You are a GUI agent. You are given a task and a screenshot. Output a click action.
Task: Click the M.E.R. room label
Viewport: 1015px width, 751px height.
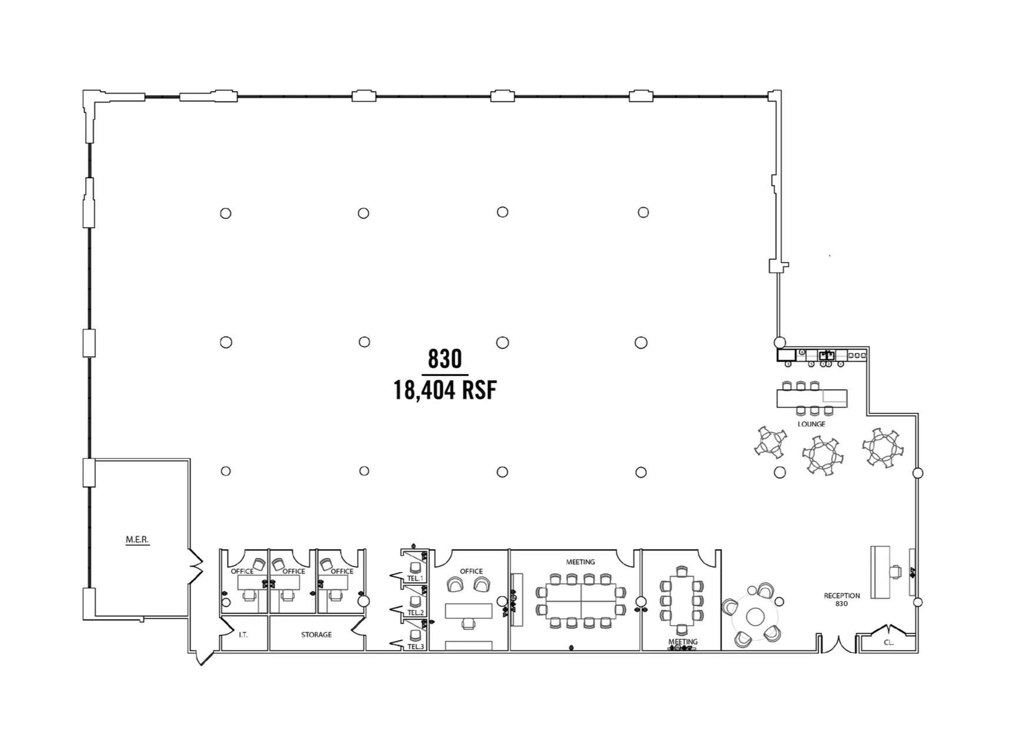(x=137, y=539)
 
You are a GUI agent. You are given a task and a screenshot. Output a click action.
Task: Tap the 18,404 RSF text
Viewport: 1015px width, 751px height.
(x=445, y=390)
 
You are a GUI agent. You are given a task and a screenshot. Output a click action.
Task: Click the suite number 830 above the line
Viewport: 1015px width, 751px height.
(x=445, y=359)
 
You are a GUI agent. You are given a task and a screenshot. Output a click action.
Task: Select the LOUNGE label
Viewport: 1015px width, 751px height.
(x=811, y=424)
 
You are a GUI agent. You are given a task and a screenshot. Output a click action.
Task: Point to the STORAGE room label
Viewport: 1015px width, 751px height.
(x=316, y=635)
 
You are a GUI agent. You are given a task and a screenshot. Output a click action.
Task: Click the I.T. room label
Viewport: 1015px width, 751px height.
(x=243, y=635)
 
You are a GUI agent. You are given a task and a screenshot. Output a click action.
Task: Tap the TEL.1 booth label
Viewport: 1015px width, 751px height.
(x=415, y=579)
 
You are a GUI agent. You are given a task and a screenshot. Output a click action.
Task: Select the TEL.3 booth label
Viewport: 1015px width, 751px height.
(x=415, y=647)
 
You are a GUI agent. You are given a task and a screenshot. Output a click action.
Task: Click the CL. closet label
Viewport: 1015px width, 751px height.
(x=889, y=643)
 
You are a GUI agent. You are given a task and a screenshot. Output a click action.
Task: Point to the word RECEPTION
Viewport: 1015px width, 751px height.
(x=842, y=596)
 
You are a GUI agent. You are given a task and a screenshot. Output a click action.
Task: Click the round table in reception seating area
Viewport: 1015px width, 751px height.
(x=754, y=617)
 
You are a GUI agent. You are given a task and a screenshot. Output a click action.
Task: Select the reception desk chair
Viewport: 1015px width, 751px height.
(x=896, y=571)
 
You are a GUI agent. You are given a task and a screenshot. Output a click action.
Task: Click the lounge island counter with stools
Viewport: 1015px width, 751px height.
(x=812, y=398)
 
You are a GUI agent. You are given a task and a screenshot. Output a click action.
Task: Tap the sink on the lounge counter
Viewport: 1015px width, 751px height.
(x=827, y=355)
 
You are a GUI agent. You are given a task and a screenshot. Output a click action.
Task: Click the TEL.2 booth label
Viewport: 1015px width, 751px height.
(x=415, y=613)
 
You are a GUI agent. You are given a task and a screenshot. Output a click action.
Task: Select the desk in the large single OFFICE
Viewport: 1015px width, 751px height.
(x=468, y=611)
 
